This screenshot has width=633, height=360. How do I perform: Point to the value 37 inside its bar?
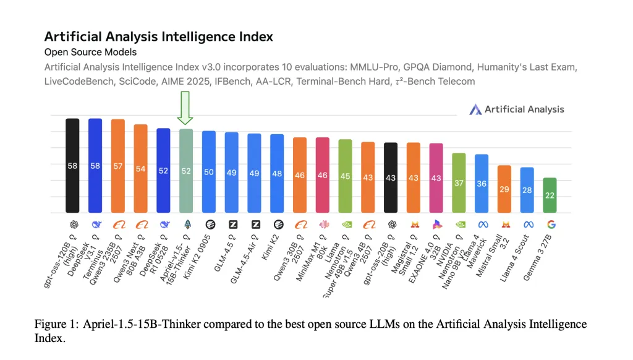click(x=458, y=183)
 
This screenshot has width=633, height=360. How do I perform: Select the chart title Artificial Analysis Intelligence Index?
click(x=158, y=36)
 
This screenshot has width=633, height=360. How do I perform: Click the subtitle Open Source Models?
click(x=90, y=52)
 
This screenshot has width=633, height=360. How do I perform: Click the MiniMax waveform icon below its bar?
click(x=323, y=225)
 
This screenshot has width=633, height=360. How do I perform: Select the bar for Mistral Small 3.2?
click(x=504, y=189)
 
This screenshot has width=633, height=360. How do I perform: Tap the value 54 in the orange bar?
click(x=141, y=169)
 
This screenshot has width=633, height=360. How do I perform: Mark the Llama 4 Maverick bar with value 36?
click(x=482, y=183)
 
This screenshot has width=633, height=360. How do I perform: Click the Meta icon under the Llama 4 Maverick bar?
click(x=482, y=225)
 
